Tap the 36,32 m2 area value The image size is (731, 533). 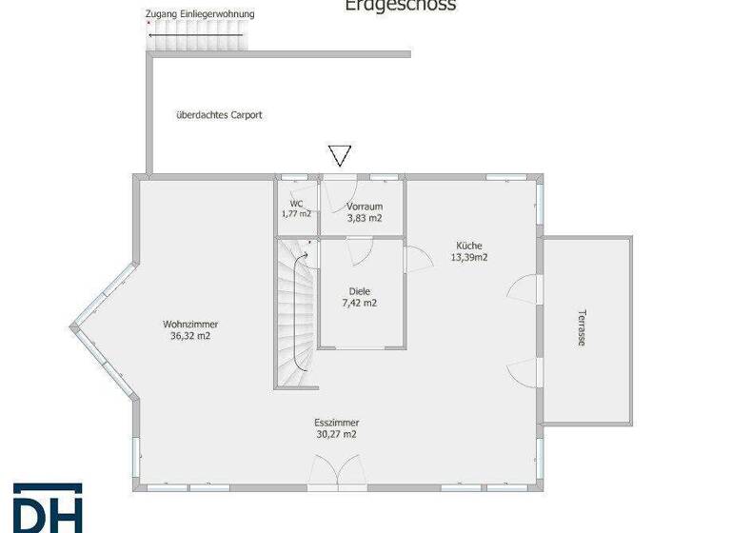click(189, 336)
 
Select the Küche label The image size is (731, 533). click(469, 246)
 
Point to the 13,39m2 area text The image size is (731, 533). click(469, 257)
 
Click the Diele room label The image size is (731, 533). click(360, 291)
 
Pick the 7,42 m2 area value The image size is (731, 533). click(360, 304)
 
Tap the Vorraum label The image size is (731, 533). click(365, 206)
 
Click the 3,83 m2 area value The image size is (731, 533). click(365, 218)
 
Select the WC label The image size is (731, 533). click(296, 204)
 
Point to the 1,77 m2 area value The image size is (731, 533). click(296, 213)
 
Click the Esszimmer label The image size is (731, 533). click(336, 423)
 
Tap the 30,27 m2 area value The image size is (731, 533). click(336, 435)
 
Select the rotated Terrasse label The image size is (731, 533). click(582, 327)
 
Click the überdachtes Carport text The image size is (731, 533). click(219, 115)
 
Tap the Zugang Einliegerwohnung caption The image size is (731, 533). click(200, 15)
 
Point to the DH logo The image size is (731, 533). click(48, 508)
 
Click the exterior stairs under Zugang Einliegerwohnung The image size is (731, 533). click(195, 39)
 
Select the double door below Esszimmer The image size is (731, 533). click(337, 473)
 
